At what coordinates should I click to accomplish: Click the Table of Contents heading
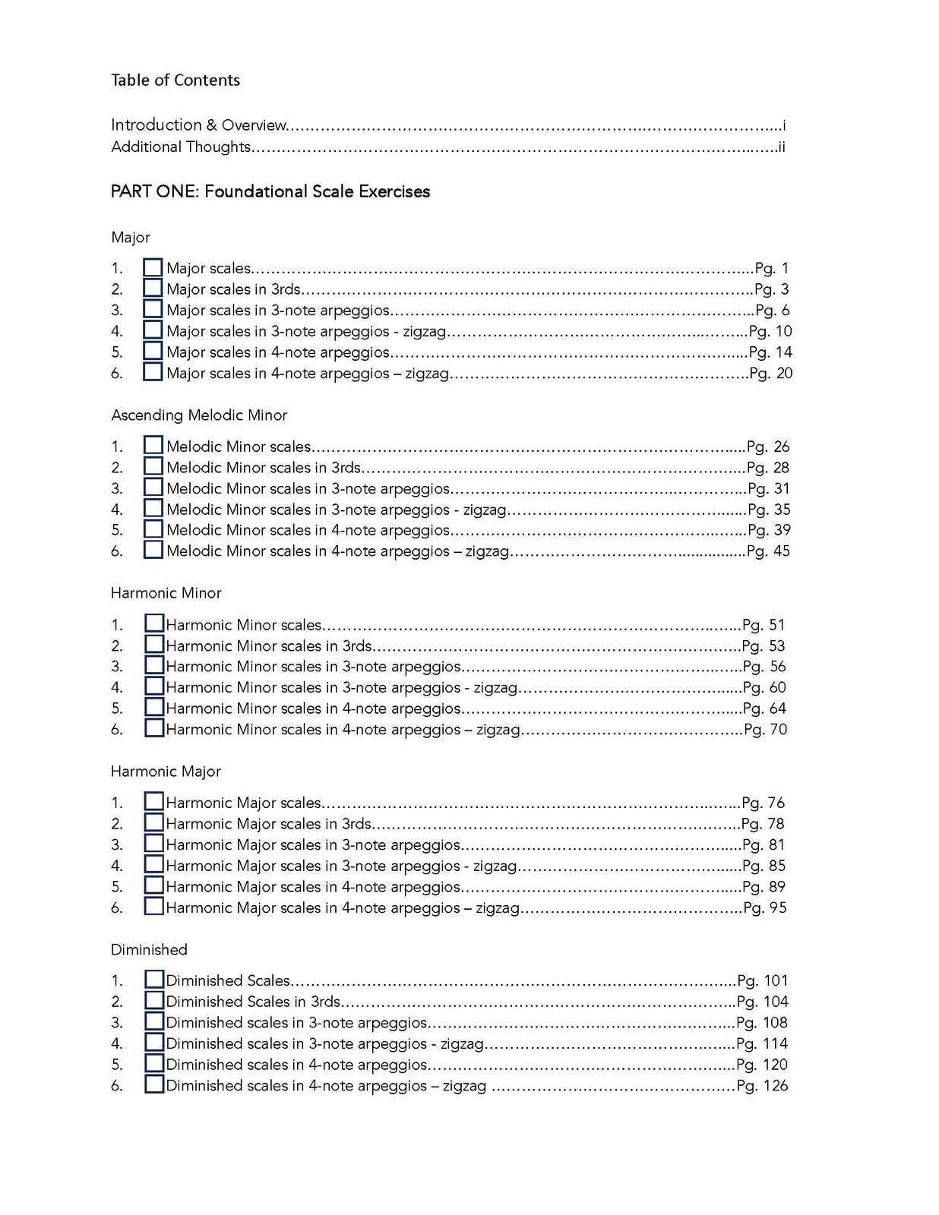point(175,80)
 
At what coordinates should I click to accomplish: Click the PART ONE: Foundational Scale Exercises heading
point(270,191)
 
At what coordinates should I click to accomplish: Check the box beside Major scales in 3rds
point(153,289)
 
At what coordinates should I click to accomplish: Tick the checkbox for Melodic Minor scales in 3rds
point(153,467)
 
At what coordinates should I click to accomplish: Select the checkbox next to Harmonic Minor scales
point(153,624)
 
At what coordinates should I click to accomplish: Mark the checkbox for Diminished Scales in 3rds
point(153,1001)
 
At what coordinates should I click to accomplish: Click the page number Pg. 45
point(768,551)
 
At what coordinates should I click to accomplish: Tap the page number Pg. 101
point(763,980)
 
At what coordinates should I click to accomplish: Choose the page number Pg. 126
point(762,1086)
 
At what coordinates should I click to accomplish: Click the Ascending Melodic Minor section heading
point(199,415)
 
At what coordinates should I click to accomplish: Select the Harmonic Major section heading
point(166,772)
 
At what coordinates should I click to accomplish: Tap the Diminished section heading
point(149,950)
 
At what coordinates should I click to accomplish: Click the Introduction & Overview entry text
point(199,125)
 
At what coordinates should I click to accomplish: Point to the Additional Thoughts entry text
point(181,147)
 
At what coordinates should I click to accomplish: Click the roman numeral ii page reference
point(781,147)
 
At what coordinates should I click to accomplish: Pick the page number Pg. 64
point(764,708)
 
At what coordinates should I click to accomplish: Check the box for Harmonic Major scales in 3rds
point(153,823)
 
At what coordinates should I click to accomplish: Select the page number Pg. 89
point(764,887)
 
